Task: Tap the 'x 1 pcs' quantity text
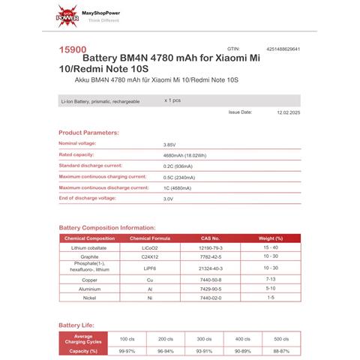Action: [x=172, y=100]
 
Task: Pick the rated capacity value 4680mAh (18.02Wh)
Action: [x=182, y=155]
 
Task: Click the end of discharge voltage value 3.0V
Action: [x=168, y=199]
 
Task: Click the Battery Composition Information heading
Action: [x=107, y=227]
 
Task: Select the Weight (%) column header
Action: [x=271, y=238]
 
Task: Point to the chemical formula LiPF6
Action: [x=150, y=267]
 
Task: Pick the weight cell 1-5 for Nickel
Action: [x=271, y=298]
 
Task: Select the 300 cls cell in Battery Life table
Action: [x=202, y=339]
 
